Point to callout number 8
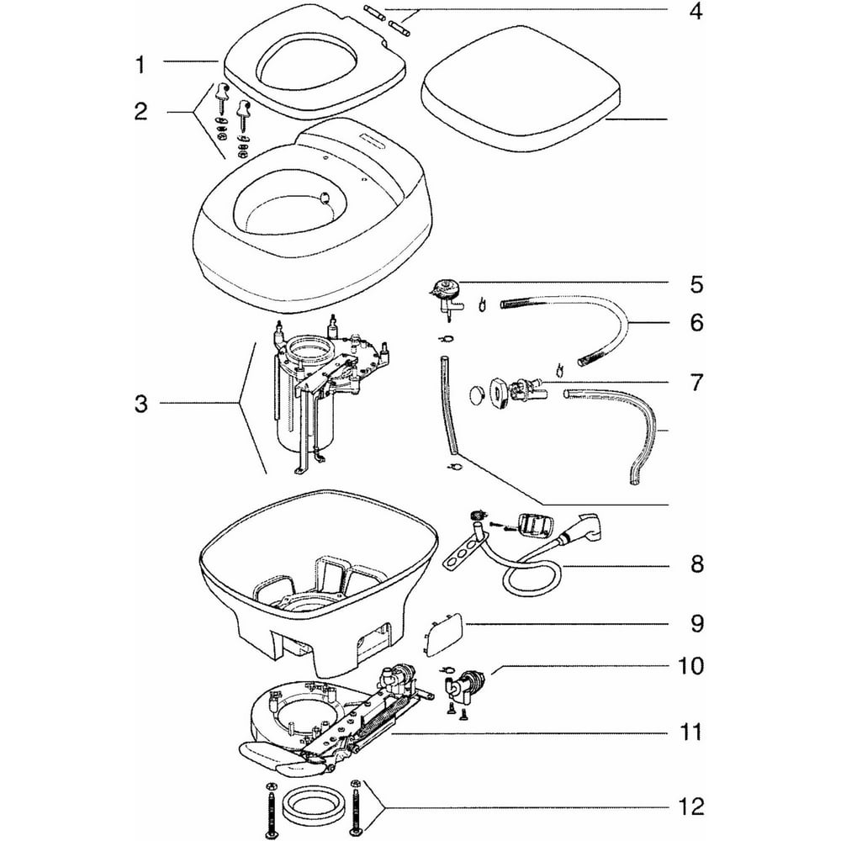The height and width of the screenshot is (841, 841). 696,563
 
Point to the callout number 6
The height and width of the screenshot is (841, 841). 696,323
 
